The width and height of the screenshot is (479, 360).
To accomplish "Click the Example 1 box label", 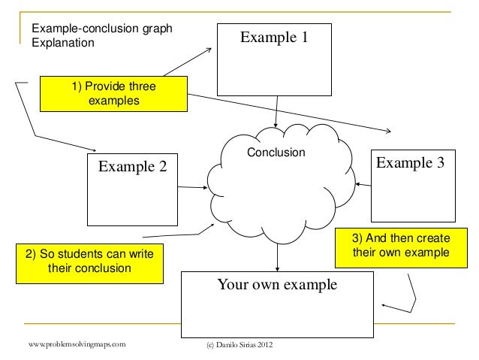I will tap(273, 37).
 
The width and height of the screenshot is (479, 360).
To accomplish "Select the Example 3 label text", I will tap(409, 162).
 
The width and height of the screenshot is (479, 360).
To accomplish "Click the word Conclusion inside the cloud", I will tap(276, 153).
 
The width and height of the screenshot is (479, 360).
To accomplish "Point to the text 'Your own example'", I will tap(277, 285).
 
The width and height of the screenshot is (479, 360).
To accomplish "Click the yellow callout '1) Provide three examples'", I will tap(113, 94).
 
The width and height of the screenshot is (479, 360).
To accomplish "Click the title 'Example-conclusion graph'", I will tap(101, 29).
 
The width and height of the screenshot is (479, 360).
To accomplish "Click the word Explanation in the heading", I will tap(62, 42).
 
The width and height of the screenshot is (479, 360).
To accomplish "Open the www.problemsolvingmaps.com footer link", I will tap(77, 344).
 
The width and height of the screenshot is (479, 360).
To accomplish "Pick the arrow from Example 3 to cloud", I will tap(364, 183).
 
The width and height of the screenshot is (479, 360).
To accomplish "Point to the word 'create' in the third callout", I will tap(432, 238).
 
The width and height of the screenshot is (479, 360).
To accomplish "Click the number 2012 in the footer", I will tap(266, 345).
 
